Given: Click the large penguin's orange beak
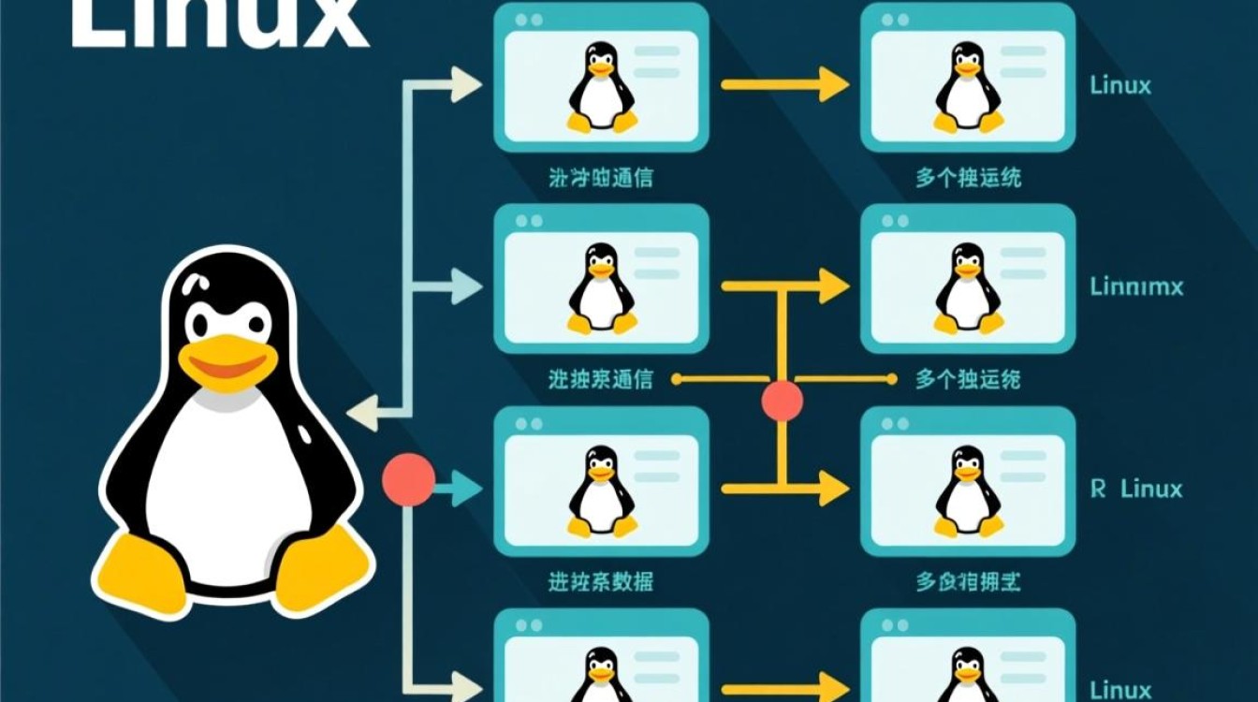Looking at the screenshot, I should [x=225, y=360].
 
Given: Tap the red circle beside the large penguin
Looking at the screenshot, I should [x=409, y=479].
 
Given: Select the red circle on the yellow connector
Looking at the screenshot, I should [x=783, y=402].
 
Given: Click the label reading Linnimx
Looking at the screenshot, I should [x=1136, y=286].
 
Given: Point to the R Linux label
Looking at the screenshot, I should [x=1136, y=489].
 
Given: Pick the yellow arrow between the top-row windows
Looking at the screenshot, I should [x=784, y=85].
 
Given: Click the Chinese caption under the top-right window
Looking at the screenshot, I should [x=968, y=178].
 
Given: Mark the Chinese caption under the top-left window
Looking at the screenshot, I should [x=600, y=178].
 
